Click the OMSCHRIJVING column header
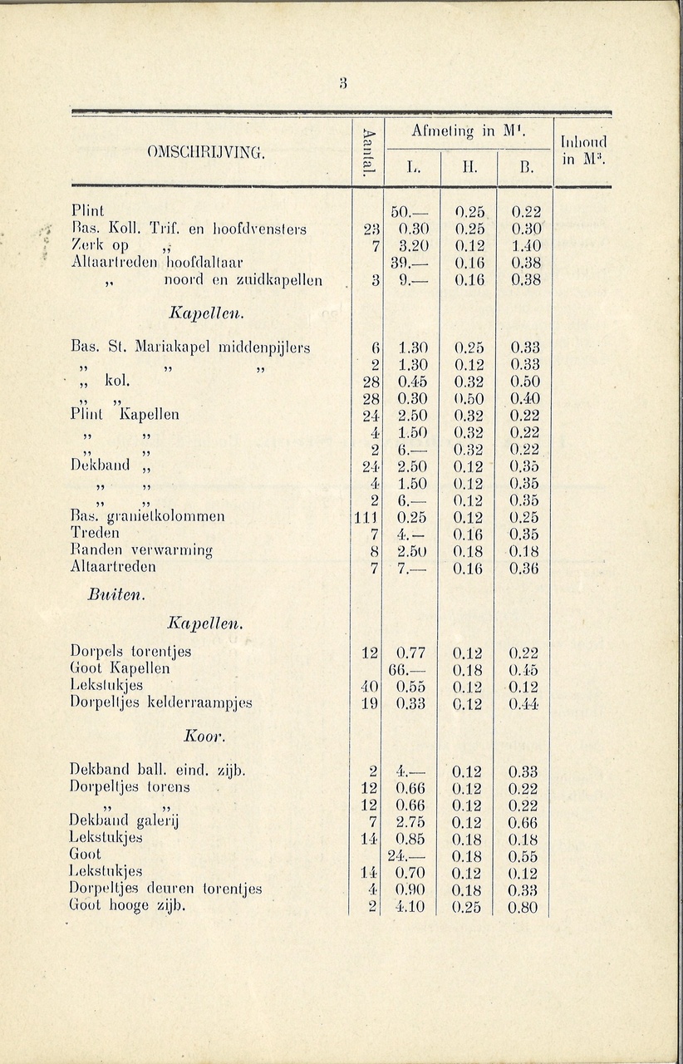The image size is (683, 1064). pyautogui.click(x=205, y=153)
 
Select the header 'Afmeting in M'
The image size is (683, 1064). pyautogui.click(x=466, y=131)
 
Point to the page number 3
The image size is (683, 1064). pyautogui.click(x=342, y=81)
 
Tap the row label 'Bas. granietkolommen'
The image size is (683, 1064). pyautogui.click(x=147, y=517)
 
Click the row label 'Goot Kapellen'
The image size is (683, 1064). pyautogui.click(x=120, y=668)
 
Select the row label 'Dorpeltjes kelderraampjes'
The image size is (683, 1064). pyautogui.click(x=160, y=703)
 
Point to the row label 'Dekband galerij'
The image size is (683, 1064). pyautogui.click(x=124, y=822)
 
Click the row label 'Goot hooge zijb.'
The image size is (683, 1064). pyautogui.click(x=127, y=906)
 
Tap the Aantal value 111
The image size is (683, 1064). pyautogui.click(x=367, y=517)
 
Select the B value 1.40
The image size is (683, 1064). pyautogui.click(x=524, y=246)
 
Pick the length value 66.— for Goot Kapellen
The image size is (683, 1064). pyautogui.click(x=408, y=669)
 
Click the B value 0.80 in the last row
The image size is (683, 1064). pyautogui.click(x=524, y=907)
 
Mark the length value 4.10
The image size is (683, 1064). pyautogui.click(x=410, y=907)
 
